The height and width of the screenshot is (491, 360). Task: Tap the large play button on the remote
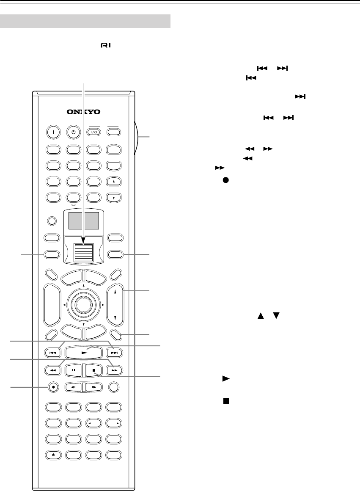(x=83, y=352)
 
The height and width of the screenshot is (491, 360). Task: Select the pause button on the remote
(x=73, y=370)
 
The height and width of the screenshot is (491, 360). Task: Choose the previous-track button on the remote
(x=52, y=352)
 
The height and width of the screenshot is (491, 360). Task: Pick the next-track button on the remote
(x=114, y=352)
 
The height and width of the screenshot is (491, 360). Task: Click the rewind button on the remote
(x=52, y=370)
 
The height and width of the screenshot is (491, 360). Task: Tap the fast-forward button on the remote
(x=114, y=370)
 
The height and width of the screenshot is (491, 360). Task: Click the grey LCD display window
(x=83, y=221)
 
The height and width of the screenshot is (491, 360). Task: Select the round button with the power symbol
(x=73, y=132)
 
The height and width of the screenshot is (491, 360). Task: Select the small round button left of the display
(x=52, y=221)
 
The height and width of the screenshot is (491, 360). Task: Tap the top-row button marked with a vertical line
(x=52, y=132)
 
